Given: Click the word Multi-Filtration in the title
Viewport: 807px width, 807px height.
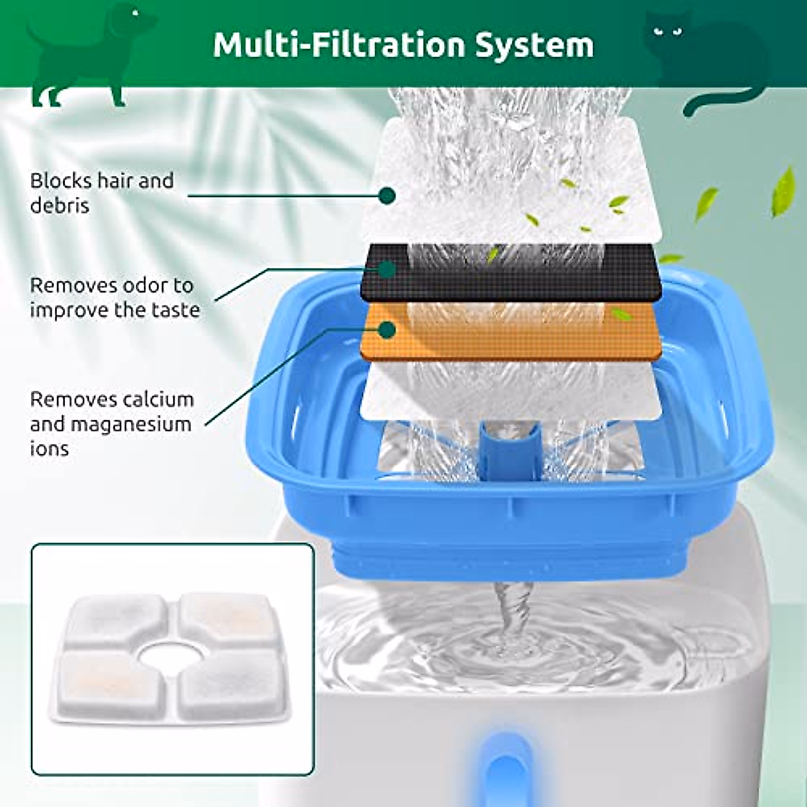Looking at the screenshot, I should pos(339,44).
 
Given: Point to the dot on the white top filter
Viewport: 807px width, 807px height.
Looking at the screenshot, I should pos(386,196).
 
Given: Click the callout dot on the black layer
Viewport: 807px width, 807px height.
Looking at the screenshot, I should pos(386,270).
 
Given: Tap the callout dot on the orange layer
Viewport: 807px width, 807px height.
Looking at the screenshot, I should pos(386,330).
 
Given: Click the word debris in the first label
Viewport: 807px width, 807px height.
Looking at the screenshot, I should pos(60,205).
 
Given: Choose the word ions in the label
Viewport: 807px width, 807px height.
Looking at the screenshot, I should pos(49,449).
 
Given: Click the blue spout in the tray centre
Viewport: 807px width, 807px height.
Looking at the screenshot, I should pos(508,451).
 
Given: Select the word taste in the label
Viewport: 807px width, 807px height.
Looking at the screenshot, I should pos(174,310).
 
